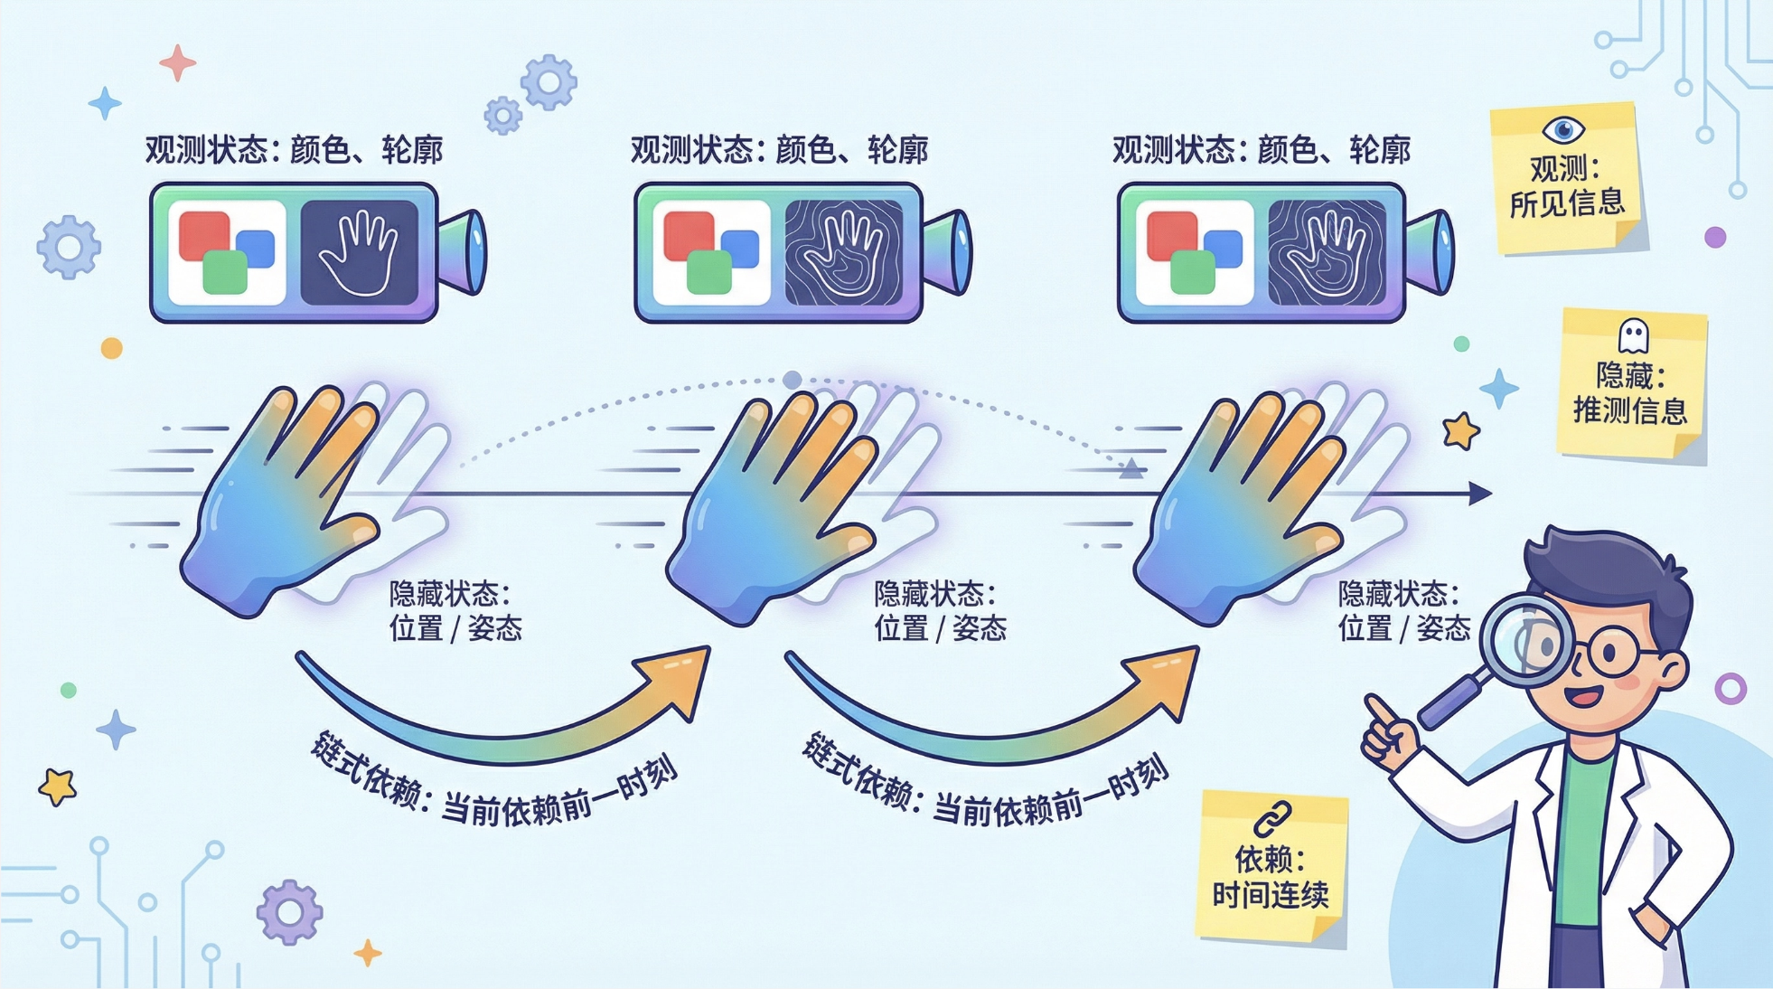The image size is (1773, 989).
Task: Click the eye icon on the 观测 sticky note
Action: click(x=1563, y=129)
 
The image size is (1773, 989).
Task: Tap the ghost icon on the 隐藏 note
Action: click(x=1633, y=336)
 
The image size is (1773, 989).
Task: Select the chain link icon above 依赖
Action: click(x=1272, y=819)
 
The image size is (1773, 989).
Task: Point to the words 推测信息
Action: click(x=1630, y=410)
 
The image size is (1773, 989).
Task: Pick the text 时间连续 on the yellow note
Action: click(x=1270, y=895)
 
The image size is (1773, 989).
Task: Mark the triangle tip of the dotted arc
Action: click(x=1130, y=468)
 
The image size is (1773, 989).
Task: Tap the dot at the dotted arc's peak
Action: click(x=793, y=380)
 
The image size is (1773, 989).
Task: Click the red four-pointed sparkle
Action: click(x=177, y=62)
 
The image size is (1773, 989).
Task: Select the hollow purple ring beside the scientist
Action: click(x=1731, y=689)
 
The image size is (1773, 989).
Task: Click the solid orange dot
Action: click(x=112, y=348)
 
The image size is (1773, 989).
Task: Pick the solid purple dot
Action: click(x=1715, y=237)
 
